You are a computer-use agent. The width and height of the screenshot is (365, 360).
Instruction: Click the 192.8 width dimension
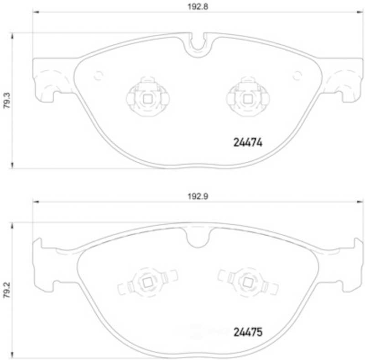click(x=198, y=7)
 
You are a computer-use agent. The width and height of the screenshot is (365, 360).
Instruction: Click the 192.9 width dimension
click(x=198, y=196)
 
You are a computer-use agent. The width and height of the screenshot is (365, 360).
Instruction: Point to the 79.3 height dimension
click(x=7, y=100)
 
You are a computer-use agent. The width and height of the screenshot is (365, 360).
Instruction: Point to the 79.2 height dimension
click(x=7, y=290)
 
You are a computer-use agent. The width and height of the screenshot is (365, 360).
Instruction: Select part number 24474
click(x=248, y=142)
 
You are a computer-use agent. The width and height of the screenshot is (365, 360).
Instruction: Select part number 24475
click(x=248, y=332)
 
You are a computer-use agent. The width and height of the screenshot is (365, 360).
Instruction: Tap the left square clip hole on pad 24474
click(x=147, y=99)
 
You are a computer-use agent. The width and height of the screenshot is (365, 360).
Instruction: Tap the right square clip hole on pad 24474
click(x=248, y=99)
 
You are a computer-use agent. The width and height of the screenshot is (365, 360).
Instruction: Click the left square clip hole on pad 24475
click(x=147, y=283)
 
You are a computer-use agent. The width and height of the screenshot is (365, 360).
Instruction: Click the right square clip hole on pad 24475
click(x=248, y=283)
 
